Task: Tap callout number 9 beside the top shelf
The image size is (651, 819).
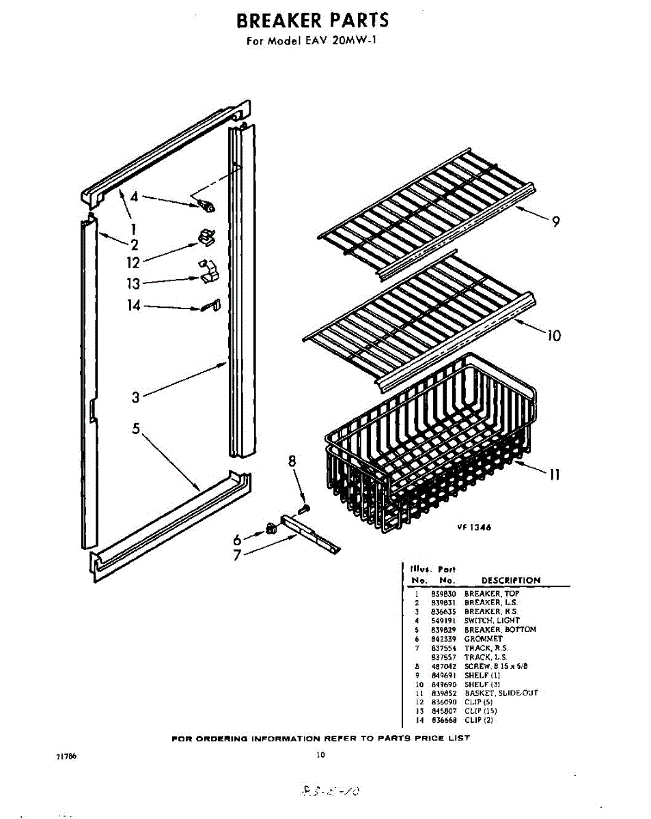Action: (x=556, y=221)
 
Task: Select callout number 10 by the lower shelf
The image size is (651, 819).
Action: (x=553, y=335)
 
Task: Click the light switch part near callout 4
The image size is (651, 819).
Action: (x=206, y=204)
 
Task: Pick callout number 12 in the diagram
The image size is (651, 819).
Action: (x=133, y=263)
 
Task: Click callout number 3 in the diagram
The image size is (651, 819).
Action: (x=136, y=397)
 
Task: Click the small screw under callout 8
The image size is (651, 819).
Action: (x=306, y=507)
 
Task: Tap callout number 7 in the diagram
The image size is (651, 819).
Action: (x=238, y=555)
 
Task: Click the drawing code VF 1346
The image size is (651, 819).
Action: (x=474, y=527)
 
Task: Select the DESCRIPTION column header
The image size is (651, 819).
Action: (x=510, y=580)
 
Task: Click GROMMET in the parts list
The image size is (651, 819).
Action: (x=483, y=639)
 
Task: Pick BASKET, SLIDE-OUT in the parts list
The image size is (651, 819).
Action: (x=501, y=693)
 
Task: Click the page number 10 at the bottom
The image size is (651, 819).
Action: (x=320, y=755)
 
